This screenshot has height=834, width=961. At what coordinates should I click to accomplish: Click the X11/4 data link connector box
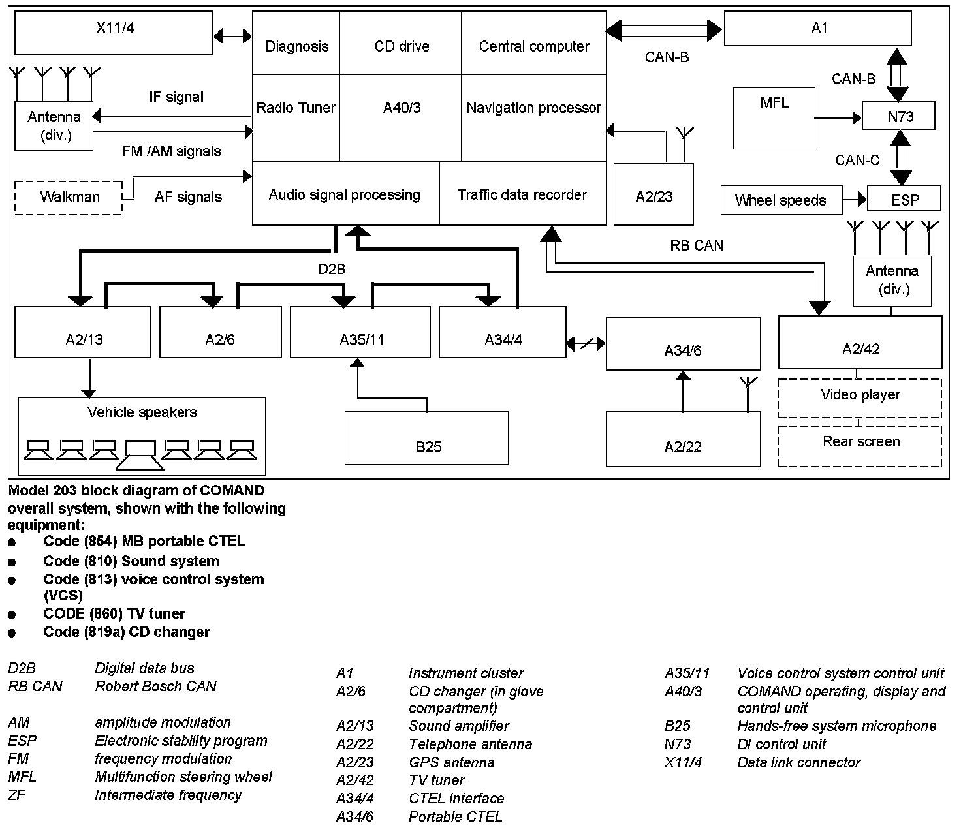(x=114, y=33)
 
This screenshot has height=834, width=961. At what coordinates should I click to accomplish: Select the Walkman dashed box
(x=69, y=197)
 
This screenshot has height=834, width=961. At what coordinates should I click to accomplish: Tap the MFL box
(x=774, y=118)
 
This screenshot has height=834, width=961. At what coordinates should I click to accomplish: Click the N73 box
(x=898, y=117)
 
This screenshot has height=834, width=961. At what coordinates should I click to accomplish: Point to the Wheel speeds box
(x=781, y=200)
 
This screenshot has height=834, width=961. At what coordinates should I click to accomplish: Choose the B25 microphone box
(x=426, y=438)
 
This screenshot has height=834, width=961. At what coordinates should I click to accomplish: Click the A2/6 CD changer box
(x=220, y=333)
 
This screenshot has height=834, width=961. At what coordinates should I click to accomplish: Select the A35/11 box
(x=360, y=333)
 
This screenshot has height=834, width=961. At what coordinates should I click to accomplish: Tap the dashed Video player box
(x=860, y=397)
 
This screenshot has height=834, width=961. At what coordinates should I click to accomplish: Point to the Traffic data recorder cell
(x=522, y=194)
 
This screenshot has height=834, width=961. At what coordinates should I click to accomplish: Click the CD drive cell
(x=402, y=46)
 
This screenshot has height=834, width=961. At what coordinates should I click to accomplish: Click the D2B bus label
(x=332, y=269)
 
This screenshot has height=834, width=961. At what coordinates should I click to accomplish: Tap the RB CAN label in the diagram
(x=697, y=246)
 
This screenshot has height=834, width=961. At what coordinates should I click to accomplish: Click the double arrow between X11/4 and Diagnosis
(x=232, y=35)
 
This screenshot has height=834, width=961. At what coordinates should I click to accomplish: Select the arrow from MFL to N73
(x=838, y=118)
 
